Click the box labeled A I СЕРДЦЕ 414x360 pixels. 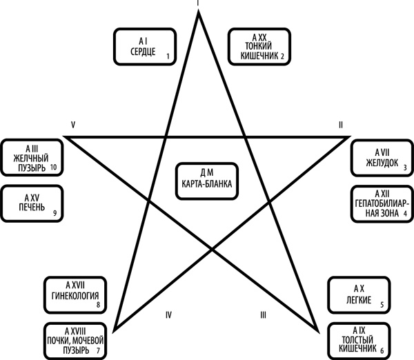click(x=144, y=46)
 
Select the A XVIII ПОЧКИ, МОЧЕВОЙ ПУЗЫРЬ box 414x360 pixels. click(x=75, y=340)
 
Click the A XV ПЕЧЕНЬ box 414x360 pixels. click(x=32, y=203)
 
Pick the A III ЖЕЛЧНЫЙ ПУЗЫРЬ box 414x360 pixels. click(x=32, y=157)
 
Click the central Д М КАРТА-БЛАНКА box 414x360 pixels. click(x=207, y=180)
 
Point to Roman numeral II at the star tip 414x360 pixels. click(x=339, y=125)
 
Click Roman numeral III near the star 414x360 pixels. click(x=263, y=315)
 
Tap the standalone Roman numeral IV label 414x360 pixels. click(x=168, y=315)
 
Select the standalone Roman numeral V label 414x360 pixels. click(x=72, y=124)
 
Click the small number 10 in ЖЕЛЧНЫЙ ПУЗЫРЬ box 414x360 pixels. click(x=53, y=167)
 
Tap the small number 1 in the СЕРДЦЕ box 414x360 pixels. click(x=168, y=56)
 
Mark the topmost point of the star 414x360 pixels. click(x=199, y=12)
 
